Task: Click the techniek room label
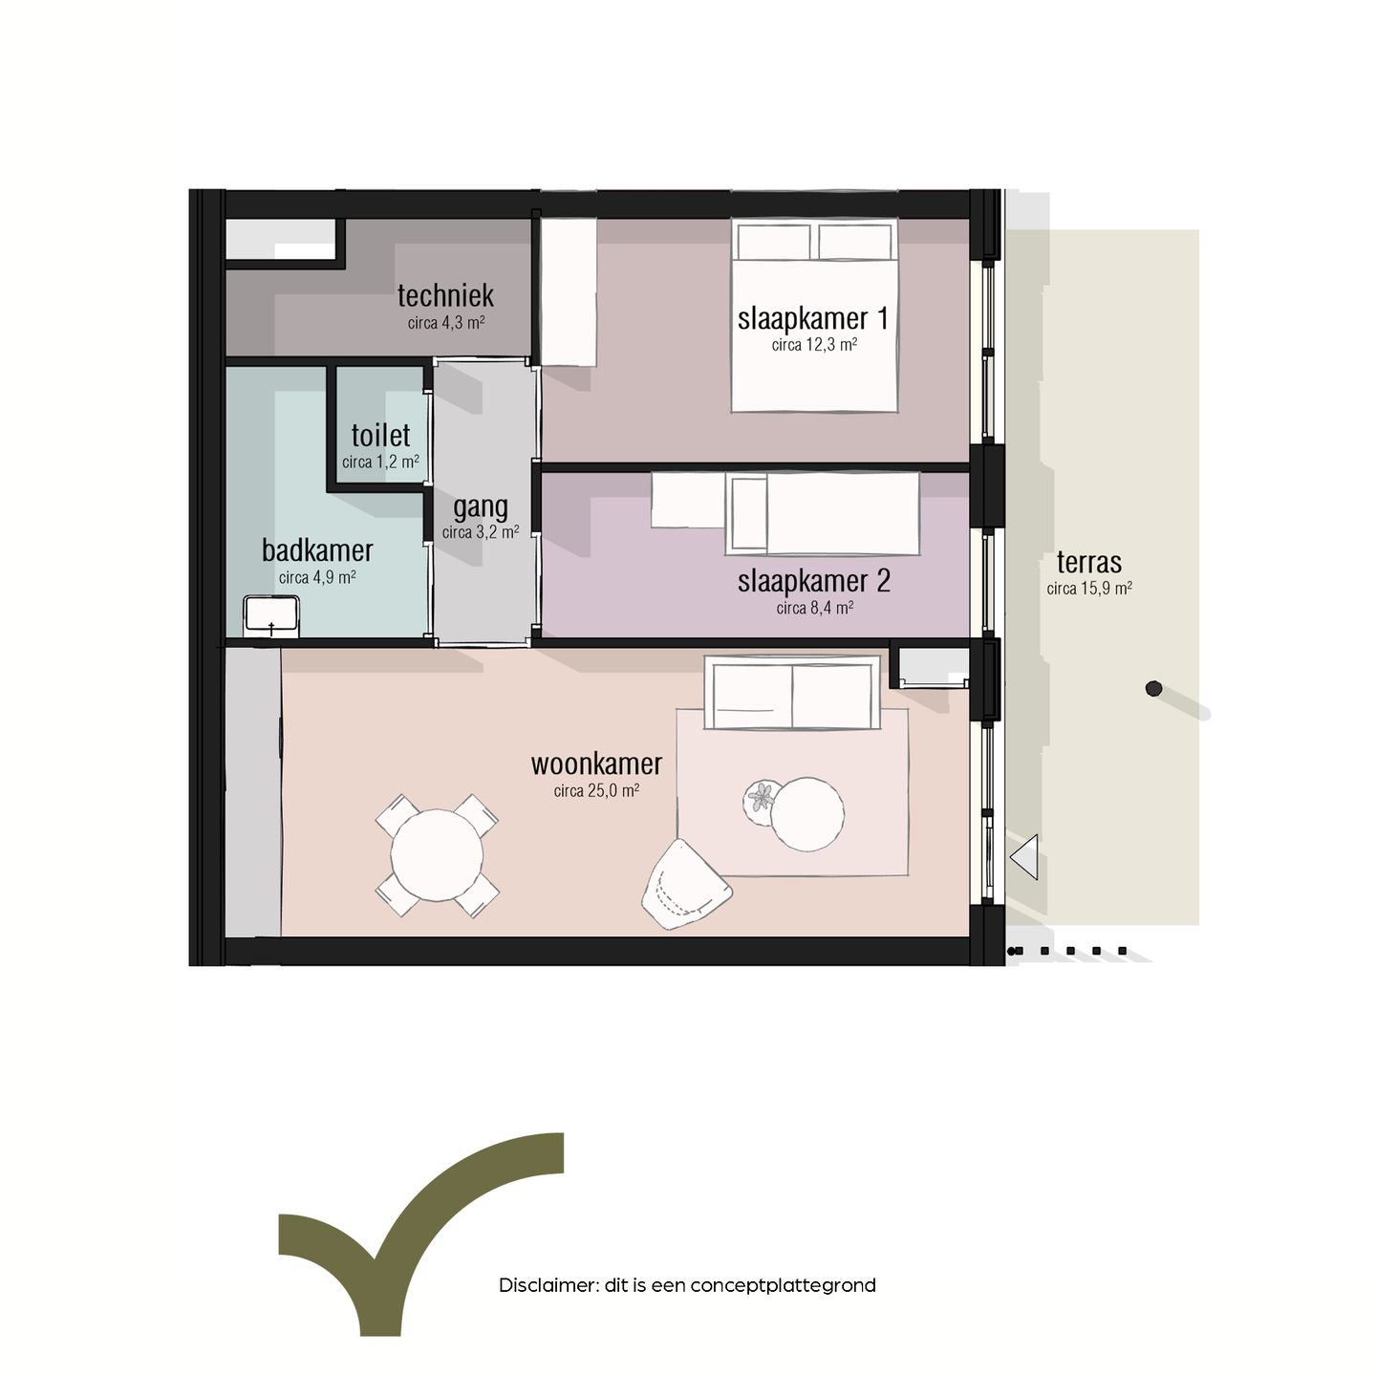(445, 295)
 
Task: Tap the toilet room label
(380, 435)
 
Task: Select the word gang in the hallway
(480, 507)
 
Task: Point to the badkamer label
(317, 550)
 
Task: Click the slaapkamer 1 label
(813, 318)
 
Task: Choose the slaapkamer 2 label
(814, 581)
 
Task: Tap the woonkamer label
(596, 764)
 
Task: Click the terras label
(1089, 563)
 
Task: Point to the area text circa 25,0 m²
(596, 790)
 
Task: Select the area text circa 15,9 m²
(1089, 589)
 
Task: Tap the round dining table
(437, 854)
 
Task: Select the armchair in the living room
(685, 885)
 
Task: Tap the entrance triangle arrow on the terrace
(1023, 856)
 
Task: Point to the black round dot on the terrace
(1153, 688)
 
